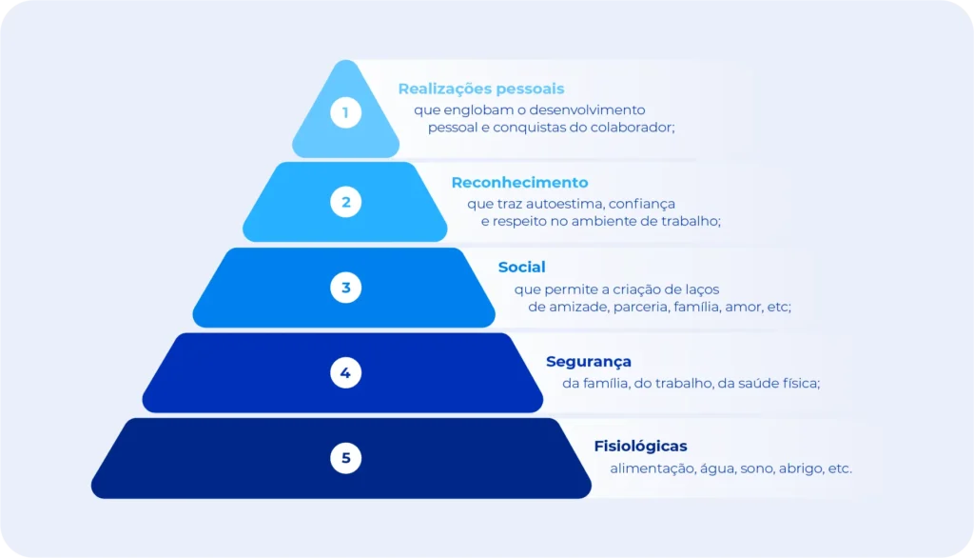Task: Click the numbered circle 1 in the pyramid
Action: [345, 114]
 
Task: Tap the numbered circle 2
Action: [345, 201]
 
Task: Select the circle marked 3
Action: [345, 287]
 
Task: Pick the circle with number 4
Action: [345, 372]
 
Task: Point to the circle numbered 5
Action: [345, 458]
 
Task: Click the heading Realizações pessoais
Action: [480, 89]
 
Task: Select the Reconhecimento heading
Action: [519, 182]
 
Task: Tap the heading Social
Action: [521, 268]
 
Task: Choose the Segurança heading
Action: [588, 362]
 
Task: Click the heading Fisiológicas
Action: [640, 446]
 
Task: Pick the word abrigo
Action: [801, 468]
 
